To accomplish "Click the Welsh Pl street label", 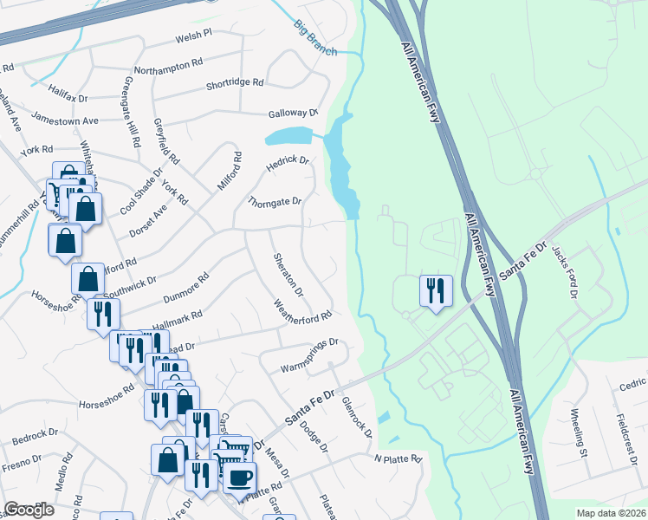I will [x=193, y=35].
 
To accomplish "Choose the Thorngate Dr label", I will [x=274, y=201].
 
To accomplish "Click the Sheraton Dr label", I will [x=288, y=274].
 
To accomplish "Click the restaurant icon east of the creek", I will [x=435, y=290].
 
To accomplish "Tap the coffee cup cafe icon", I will [x=241, y=477].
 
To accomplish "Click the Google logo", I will [x=29, y=510].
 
